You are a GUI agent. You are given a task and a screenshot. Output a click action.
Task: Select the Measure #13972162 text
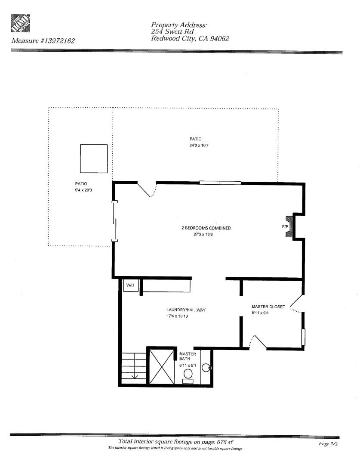tap(43, 41)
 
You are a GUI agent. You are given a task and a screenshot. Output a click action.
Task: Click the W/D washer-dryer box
tap(130, 285)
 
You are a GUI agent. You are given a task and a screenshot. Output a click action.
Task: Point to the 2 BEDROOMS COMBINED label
tap(206, 228)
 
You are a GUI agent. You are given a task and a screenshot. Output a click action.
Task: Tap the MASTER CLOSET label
tap(268, 307)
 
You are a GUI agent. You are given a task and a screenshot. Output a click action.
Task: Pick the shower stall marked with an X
tap(161, 366)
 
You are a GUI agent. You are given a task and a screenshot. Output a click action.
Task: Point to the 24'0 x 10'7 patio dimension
tap(195, 146)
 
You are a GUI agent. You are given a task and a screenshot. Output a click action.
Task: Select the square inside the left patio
tap(94, 158)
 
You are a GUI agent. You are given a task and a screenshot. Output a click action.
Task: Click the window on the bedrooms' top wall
tap(220, 183)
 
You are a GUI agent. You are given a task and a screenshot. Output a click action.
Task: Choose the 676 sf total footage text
tap(176, 442)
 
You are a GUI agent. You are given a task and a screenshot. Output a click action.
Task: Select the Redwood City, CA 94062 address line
tap(190, 39)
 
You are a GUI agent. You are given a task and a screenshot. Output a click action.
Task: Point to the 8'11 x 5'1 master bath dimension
tap(188, 365)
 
